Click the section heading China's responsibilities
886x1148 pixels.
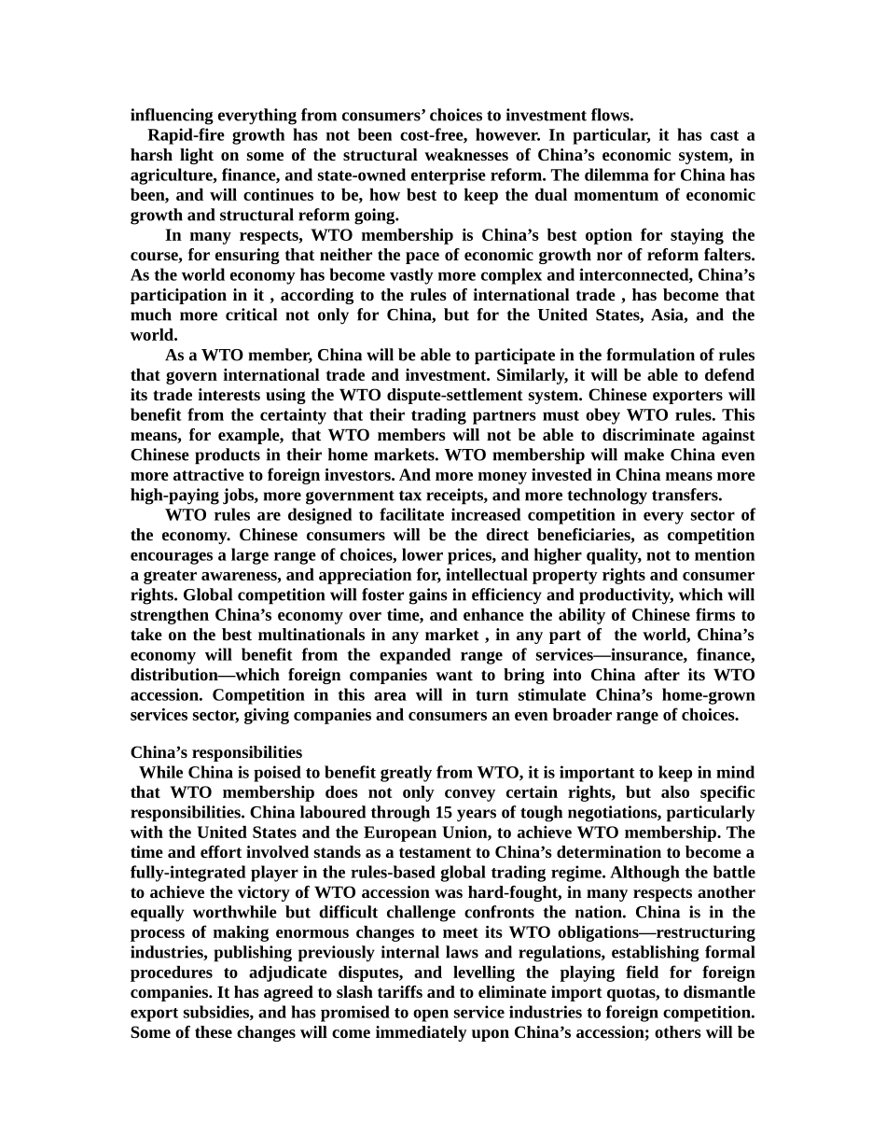click(x=216, y=752)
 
